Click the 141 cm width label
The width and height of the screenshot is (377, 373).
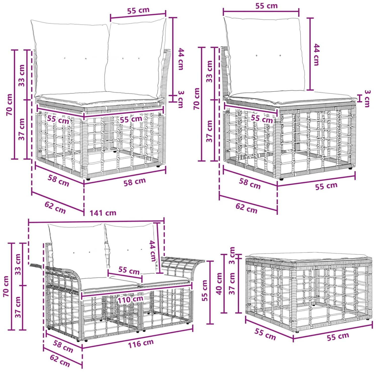(103, 213)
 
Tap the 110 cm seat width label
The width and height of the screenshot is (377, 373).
(130, 299)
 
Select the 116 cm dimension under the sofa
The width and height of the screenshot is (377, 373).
(141, 344)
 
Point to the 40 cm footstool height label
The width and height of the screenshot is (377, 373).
(219, 283)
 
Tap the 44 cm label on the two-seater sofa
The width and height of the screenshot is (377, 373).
(153, 251)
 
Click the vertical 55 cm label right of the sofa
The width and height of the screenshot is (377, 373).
(205, 291)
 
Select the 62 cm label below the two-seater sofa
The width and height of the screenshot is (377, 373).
(60, 360)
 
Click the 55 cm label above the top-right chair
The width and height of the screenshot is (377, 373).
(266, 6)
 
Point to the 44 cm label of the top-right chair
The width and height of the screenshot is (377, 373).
(316, 55)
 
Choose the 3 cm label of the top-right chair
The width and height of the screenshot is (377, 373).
(367, 99)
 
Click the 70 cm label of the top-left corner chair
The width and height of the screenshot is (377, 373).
(9, 105)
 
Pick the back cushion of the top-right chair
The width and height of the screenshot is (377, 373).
(264, 55)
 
